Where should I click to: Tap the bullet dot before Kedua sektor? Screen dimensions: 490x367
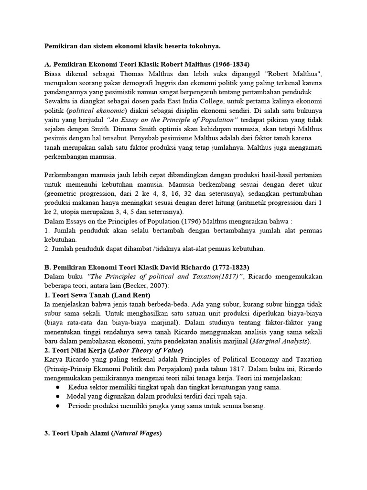pyautogui.click(x=58, y=387)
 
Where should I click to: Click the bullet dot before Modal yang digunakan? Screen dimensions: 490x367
pyautogui.click(x=58, y=397)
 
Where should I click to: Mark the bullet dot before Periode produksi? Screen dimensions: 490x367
pyautogui.click(x=58, y=406)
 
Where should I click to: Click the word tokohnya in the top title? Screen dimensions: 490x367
pyautogui.click(x=203, y=46)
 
